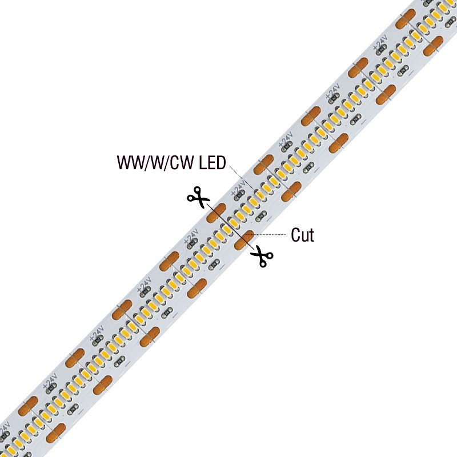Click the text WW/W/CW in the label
point(155,163)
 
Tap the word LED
point(212,163)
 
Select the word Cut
point(303,235)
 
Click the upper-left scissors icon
point(198,197)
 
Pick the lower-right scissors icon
point(262,256)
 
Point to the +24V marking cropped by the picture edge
point(5,431)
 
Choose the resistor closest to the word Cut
point(260,217)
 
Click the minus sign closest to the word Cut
point(269,217)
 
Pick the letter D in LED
point(221,163)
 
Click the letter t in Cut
point(311,235)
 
